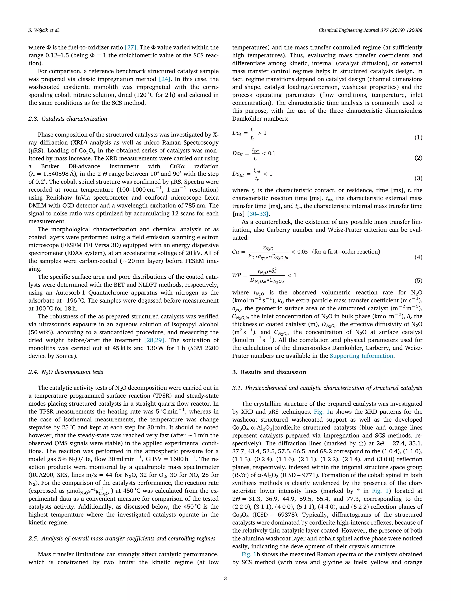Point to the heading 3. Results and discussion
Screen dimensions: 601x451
269,372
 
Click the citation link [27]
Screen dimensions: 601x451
130,48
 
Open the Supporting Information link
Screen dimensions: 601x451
361,356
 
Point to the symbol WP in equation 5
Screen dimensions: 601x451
237,275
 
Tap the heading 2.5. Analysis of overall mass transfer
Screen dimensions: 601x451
122,538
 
